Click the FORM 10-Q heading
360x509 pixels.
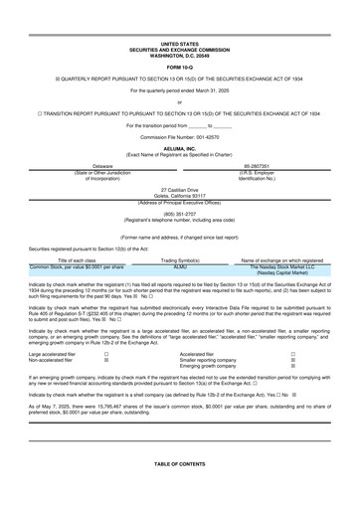pyautogui.click(x=179, y=66)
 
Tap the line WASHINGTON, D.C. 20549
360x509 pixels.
pyautogui.click(x=179, y=55)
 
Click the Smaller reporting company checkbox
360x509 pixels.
pyautogui.click(x=292, y=360)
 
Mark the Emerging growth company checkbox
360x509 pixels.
pyautogui.click(x=292, y=367)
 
